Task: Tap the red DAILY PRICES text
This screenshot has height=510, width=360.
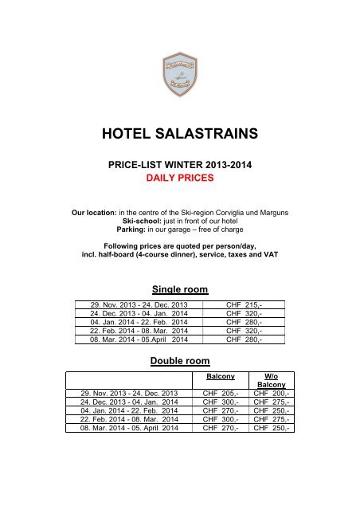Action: [180, 179]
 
